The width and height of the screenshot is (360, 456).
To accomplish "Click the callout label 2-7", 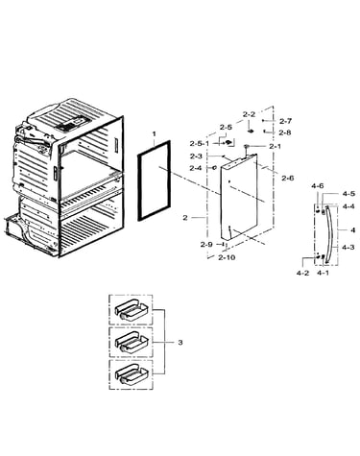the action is (x=285, y=121).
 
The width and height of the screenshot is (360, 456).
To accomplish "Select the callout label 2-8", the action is (x=285, y=132).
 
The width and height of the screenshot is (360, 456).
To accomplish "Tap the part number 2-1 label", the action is (x=275, y=147).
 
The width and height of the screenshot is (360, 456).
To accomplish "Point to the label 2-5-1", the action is (x=199, y=144).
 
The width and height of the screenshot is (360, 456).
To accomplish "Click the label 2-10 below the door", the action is (x=227, y=257).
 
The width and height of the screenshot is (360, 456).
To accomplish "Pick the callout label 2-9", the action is (x=206, y=245).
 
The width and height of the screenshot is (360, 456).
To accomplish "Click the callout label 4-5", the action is (x=348, y=194).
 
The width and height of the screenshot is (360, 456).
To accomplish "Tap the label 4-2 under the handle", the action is (x=302, y=273).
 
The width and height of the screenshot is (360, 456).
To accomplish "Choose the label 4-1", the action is (x=323, y=273).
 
